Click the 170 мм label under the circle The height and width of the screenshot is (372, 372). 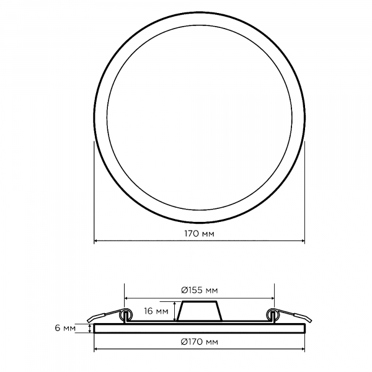point(199,234)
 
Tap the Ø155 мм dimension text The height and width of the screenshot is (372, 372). point(199,290)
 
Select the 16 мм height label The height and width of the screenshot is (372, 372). point(156,311)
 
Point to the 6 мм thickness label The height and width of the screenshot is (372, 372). point(65,328)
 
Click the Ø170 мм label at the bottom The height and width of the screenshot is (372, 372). point(199,342)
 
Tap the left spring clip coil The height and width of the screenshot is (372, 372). point(126,315)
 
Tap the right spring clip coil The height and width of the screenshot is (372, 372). point(273,315)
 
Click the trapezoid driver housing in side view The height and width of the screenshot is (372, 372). point(199,311)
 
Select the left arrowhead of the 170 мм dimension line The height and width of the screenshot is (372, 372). point(96,241)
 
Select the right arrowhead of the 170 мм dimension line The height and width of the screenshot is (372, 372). point(303,241)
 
